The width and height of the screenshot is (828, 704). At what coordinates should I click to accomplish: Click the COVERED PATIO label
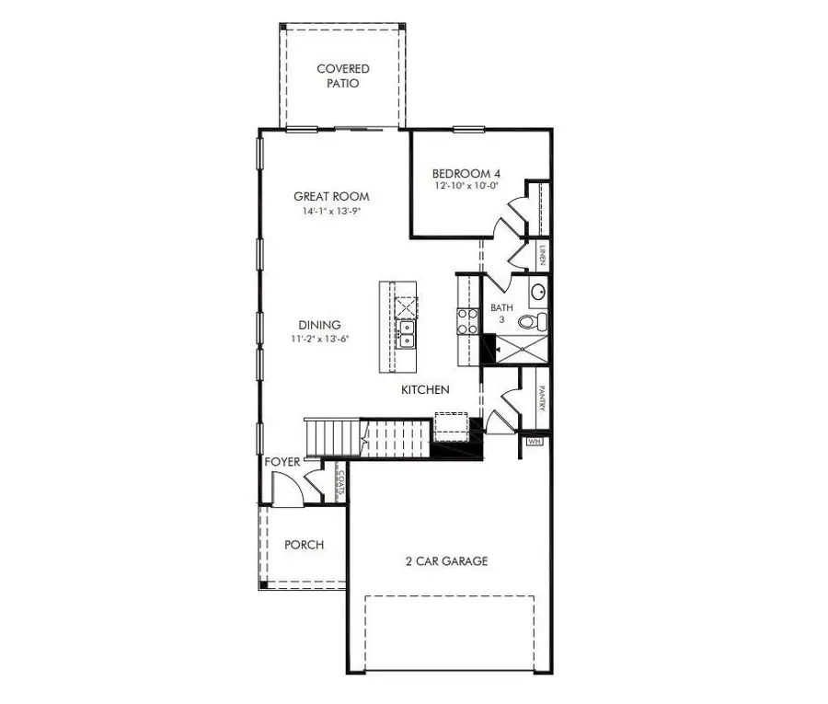pyautogui.click(x=342, y=75)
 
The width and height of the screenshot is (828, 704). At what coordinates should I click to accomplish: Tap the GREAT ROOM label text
pyautogui.click(x=331, y=196)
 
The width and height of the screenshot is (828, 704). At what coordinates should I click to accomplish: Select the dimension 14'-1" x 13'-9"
pyautogui.click(x=331, y=211)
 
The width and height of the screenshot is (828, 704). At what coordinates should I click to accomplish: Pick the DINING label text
pyautogui.click(x=319, y=325)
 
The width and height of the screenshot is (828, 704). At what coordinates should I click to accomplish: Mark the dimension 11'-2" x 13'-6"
pyautogui.click(x=319, y=339)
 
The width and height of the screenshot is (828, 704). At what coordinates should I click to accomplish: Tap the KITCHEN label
pyautogui.click(x=425, y=390)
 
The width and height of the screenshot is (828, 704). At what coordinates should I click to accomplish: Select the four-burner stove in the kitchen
pyautogui.click(x=467, y=319)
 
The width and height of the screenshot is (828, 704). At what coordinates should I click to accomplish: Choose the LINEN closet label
pyautogui.click(x=543, y=254)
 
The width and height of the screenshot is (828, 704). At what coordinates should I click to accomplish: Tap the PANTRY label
pyautogui.click(x=543, y=398)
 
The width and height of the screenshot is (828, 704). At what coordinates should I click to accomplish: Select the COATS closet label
pyautogui.click(x=339, y=481)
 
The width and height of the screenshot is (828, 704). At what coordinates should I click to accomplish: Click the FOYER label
pyautogui.click(x=282, y=461)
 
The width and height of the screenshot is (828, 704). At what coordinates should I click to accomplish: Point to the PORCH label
pyautogui.click(x=304, y=545)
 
